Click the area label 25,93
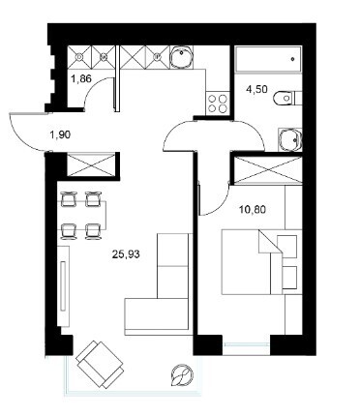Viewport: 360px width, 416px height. [126, 254]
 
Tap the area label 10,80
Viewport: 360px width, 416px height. [253, 210]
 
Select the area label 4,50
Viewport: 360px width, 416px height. [256, 89]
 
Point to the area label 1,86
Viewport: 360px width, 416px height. [81, 78]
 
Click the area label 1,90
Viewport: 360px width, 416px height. [60, 134]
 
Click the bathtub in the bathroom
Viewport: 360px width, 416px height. [268, 59]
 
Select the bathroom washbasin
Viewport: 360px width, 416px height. [290, 139]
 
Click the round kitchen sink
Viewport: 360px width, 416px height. [181, 57]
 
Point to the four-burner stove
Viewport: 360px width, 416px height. [217, 104]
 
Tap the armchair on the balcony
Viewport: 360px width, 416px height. [100, 365]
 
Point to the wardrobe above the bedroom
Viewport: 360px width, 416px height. [268, 170]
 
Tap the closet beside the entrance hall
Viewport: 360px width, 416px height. [91, 164]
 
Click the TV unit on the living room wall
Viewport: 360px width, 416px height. [63, 286]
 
